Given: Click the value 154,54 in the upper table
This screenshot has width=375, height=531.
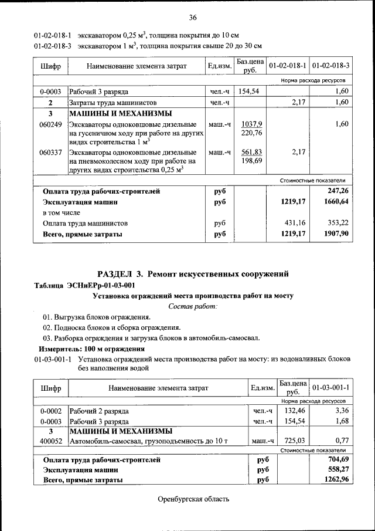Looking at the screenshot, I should [251, 92].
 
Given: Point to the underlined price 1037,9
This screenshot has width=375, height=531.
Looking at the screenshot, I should [251, 124].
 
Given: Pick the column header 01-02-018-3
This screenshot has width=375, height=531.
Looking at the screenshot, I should [330, 65].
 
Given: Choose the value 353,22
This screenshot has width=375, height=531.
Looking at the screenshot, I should [337, 223].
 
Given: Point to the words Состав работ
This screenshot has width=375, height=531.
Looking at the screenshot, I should [193, 306].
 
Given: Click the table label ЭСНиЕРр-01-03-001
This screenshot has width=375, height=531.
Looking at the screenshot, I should [105, 285].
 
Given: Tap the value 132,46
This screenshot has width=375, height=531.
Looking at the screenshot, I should [294, 411].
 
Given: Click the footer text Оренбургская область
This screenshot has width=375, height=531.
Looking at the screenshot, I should [193, 499].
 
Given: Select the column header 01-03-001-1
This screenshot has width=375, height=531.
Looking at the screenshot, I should [331, 388].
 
